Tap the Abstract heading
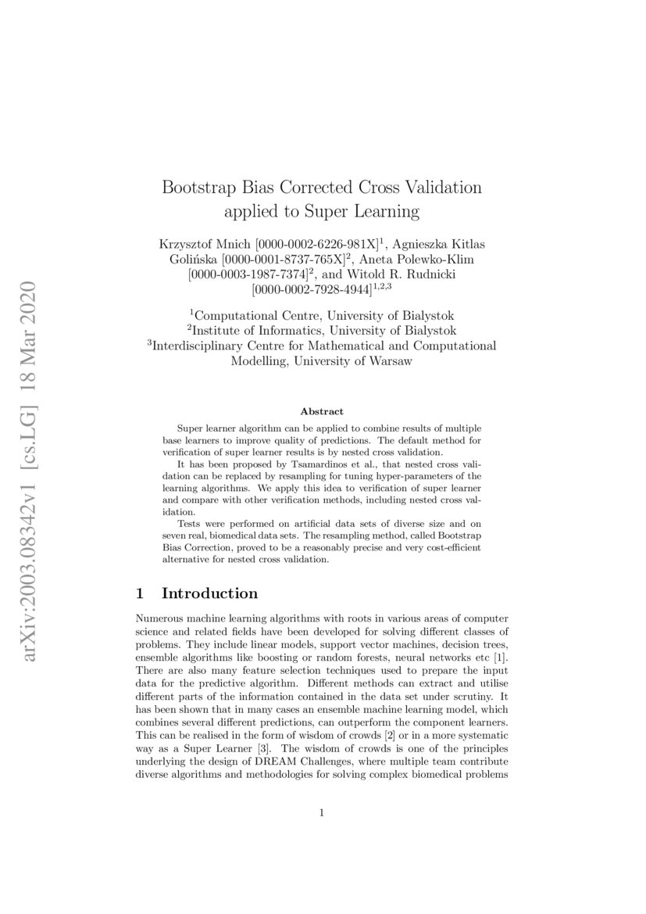[322, 411]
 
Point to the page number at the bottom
[322, 813]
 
